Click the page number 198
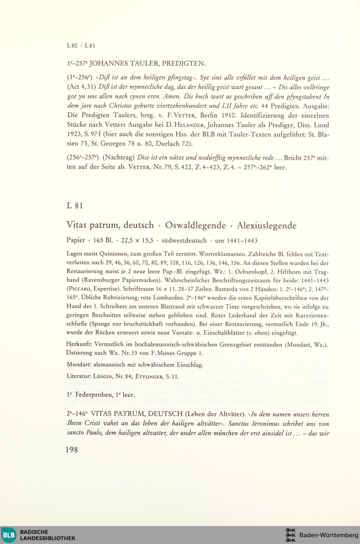[72, 450]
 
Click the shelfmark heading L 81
[75, 205]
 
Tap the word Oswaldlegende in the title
[195, 226]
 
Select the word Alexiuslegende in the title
[267, 226]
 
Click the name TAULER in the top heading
[142, 64]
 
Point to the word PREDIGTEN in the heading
[184, 64]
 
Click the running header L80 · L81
[81, 46]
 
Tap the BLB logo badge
[9, 535]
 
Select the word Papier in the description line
[76, 240]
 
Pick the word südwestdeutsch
[184, 240]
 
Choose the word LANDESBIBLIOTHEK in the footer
[48, 538]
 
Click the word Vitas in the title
[77, 226]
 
